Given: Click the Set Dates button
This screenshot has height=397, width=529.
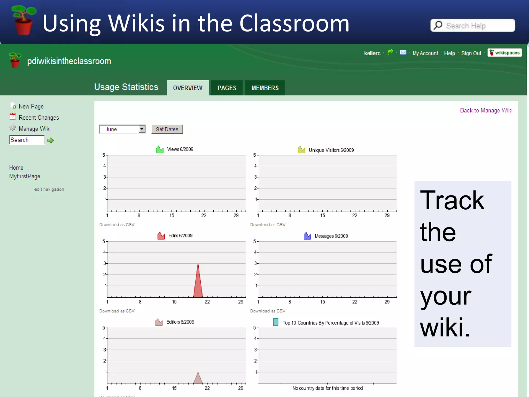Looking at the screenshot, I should pos(167,129).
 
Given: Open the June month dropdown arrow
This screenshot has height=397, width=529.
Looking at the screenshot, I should pos(142,129).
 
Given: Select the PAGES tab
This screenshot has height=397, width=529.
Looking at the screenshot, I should pos(227,88).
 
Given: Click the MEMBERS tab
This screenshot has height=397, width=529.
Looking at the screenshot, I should pos(265,88).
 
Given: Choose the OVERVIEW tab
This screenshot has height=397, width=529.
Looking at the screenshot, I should pos(188,88).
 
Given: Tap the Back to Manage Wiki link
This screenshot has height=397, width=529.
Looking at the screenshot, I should pos(486,110).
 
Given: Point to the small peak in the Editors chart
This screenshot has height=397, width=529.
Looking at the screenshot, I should pos(198,379).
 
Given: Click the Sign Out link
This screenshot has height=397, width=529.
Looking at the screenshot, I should pos(471,53).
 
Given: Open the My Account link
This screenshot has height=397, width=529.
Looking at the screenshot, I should pos(425,53).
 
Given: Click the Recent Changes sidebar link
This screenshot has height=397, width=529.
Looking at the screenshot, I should pos(39,118).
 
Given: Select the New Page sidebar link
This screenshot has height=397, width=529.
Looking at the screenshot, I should pos(31,106).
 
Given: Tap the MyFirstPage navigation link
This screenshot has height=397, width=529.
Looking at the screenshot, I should pos(25,176).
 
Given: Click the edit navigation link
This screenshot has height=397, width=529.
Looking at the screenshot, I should pos(49,189).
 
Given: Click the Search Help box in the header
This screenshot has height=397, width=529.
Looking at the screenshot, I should pos(473,26).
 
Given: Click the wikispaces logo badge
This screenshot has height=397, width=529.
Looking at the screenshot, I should pos(504,53).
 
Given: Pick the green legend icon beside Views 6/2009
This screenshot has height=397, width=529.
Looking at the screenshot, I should pos(160,149).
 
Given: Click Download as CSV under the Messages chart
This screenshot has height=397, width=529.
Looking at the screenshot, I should pos(268,311).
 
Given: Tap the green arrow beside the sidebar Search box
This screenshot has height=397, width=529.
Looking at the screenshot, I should pos(50,140).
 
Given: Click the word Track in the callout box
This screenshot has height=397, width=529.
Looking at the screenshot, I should pos(452,200).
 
